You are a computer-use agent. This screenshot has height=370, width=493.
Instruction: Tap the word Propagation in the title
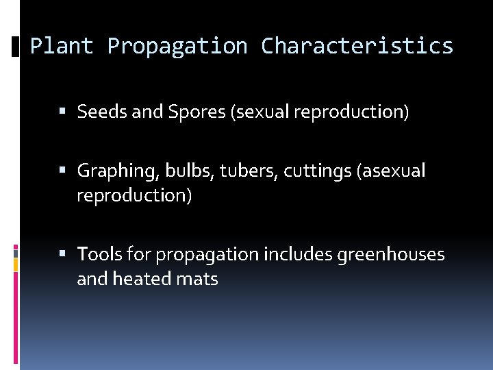pyautogui.click(x=177, y=46)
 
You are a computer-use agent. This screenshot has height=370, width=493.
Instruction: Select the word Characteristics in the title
pyautogui.click(x=357, y=46)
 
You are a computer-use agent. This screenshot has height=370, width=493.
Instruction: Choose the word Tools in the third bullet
pyautogui.click(x=99, y=255)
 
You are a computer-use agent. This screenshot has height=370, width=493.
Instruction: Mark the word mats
pyautogui.click(x=199, y=280)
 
